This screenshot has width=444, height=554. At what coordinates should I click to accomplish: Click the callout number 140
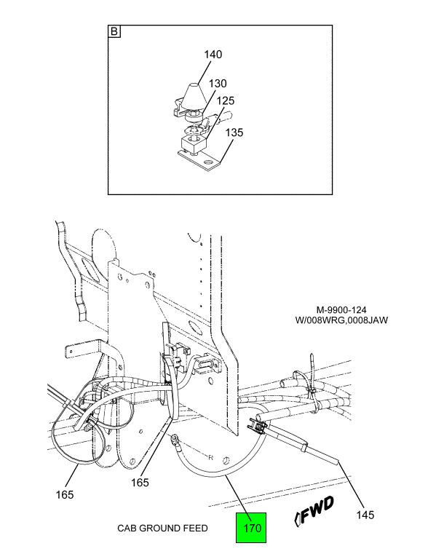tap(213, 55)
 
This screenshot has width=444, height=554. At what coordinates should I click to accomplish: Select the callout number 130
tap(218, 84)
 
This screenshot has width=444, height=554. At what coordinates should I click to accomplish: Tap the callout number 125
tap(226, 100)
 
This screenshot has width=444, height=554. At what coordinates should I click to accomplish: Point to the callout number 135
tap(234, 132)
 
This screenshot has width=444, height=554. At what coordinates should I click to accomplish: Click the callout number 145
tap(365, 515)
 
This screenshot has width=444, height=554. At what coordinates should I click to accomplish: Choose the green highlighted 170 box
tap(251, 528)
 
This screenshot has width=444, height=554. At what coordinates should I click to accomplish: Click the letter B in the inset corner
tap(114, 31)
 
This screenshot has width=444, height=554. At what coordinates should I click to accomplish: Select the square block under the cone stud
tap(193, 144)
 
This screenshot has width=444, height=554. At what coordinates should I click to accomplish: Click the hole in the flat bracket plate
tap(210, 162)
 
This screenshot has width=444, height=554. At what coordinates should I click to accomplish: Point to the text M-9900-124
tap(341, 310)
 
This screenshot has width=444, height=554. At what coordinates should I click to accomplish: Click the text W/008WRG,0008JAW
tap(341, 320)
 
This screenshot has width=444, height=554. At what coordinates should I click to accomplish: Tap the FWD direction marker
tap(314, 510)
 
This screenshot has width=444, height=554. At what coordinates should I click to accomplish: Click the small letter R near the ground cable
tap(210, 458)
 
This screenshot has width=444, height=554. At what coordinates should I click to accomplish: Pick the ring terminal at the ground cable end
tap(175, 440)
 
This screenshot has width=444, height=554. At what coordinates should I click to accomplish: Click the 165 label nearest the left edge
tap(65, 494)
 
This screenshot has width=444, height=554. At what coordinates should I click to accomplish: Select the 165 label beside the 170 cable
tap(140, 482)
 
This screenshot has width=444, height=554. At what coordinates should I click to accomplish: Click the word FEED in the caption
tap(195, 529)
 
